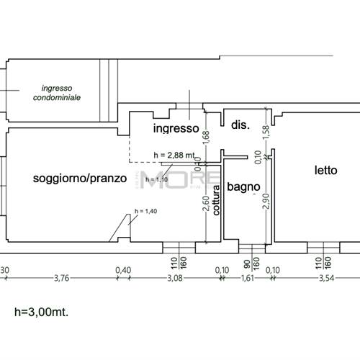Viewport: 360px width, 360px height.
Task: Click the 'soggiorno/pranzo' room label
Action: [80, 177]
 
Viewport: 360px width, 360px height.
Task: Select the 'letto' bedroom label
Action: [325, 171]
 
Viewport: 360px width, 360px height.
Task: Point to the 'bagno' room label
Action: [243, 187]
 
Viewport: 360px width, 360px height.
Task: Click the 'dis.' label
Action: [240, 125]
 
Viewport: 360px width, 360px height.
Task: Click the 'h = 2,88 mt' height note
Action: [174, 155]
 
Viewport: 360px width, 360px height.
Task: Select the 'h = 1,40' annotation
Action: [145, 211]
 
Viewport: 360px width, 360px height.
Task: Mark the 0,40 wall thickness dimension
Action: [124, 271]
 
